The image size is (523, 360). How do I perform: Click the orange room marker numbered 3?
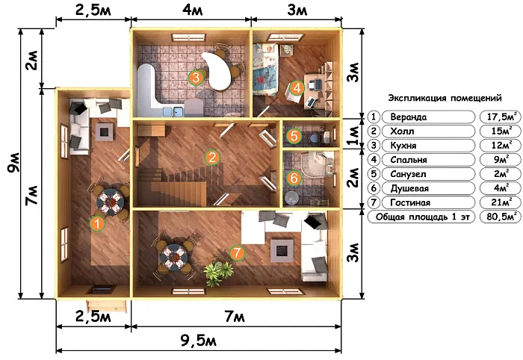point(196,78)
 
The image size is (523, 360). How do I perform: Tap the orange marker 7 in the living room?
point(237,252)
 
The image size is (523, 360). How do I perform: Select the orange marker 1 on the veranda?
point(97,223)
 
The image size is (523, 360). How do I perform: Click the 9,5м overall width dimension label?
point(199,341)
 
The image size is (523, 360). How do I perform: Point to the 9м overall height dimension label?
point(14,163)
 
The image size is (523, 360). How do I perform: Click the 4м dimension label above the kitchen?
point(193,10)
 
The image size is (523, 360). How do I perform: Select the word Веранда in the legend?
point(408,117)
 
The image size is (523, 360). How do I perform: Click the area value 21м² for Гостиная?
point(501,202)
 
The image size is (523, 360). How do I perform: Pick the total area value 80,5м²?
point(501,217)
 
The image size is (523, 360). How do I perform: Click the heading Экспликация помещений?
point(445,99)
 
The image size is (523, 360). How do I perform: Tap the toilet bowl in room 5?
point(315,137)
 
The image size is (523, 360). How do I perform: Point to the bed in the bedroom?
point(265,69)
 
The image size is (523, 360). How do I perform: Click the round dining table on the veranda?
point(110,202)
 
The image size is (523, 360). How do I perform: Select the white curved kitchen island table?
point(217,71)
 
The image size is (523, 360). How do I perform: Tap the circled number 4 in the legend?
point(374,160)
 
